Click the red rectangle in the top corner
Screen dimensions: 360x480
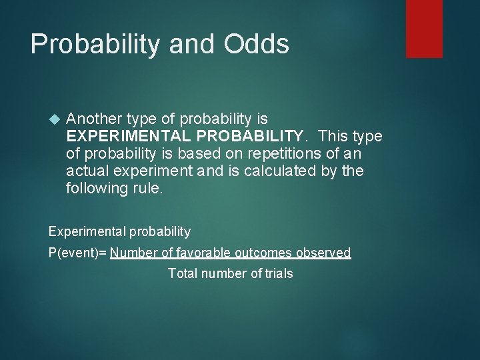click(x=424, y=28)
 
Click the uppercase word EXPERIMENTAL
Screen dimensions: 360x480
click(x=128, y=136)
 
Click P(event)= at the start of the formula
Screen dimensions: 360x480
click(x=78, y=253)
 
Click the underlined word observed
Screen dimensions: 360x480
click(x=325, y=253)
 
